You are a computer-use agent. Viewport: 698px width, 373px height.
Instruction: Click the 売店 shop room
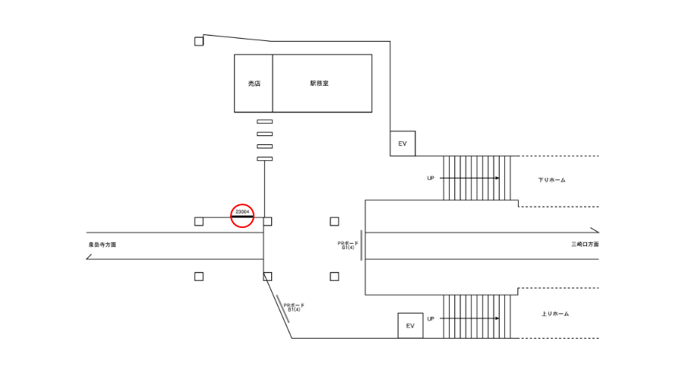point(254,84)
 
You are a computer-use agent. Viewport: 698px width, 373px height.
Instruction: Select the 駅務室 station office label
point(319,84)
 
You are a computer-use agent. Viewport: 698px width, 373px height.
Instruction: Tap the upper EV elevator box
point(403,143)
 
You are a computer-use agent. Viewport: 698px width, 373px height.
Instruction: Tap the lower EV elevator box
point(410,326)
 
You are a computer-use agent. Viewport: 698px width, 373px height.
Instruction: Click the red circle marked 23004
point(242,215)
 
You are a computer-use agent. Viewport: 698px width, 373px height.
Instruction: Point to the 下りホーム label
point(552,180)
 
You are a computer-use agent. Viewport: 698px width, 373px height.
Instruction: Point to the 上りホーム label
point(555,314)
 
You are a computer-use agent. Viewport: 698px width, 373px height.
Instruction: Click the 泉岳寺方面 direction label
point(103,245)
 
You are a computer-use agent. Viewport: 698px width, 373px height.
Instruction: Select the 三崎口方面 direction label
point(585,245)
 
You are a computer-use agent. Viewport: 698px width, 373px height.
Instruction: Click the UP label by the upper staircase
point(431,178)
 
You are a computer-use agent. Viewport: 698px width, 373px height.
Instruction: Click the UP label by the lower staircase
point(431,318)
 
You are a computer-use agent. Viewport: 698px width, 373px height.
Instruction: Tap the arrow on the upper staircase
point(471,178)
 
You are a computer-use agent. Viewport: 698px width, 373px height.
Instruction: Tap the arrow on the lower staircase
point(471,318)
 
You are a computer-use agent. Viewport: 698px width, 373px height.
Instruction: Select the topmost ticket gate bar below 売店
point(264,122)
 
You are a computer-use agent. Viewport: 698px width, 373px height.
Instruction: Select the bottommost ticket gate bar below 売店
point(264,158)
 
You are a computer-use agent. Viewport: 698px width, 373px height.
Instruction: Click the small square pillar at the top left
point(199,41)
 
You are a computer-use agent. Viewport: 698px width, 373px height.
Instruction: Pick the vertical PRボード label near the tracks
point(347,245)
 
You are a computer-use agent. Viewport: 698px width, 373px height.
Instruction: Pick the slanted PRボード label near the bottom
point(294,307)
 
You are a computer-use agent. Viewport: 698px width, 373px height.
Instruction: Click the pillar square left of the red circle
point(199,221)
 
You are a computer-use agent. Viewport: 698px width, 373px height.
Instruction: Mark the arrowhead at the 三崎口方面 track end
point(595,230)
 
